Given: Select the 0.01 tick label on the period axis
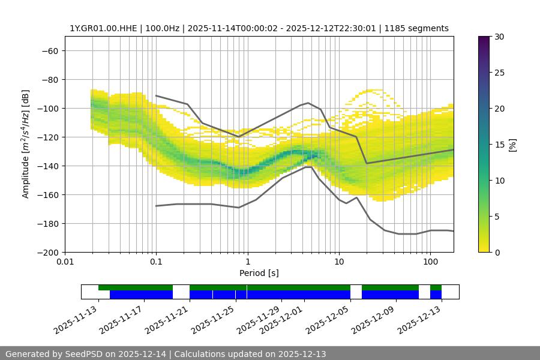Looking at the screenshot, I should tap(65, 262).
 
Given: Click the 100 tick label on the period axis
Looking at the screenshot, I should tap(430, 262).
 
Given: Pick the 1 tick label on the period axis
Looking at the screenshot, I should tap(247, 262).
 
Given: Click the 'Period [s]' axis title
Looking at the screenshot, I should tap(259, 273).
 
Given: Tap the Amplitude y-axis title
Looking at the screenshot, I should tap(26, 144).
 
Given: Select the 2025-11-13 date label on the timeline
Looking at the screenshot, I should tap(76, 320).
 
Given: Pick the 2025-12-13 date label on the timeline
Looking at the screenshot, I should tap(419, 320).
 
